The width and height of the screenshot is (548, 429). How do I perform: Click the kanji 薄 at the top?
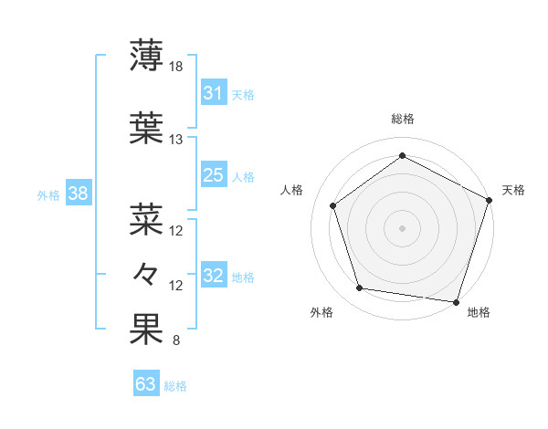tap(146, 57)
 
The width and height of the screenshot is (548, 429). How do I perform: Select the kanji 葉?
tap(146, 128)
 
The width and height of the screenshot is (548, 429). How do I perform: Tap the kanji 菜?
tap(146, 219)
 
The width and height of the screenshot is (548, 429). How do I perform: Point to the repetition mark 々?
tap(146, 275)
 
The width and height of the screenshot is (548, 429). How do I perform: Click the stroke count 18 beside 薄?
tap(176, 67)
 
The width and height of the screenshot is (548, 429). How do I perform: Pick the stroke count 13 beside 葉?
tap(176, 139)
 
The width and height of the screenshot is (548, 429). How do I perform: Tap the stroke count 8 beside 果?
tap(175, 341)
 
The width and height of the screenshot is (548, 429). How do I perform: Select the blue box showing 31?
tap(213, 93)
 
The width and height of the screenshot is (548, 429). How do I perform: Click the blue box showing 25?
tap(213, 175)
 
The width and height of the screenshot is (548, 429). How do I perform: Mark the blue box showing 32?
tap(213, 277)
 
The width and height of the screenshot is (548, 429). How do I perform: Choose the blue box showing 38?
tap(77, 194)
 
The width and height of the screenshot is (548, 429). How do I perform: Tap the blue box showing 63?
tap(145, 384)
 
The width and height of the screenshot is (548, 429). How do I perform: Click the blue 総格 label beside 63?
tap(175, 386)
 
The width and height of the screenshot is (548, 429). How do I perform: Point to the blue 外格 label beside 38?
tap(47, 194)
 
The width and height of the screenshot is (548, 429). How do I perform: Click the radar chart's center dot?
tap(402, 227)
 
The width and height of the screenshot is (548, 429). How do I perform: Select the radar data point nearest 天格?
tap(489, 200)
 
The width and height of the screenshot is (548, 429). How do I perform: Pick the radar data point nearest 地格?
tap(456, 301)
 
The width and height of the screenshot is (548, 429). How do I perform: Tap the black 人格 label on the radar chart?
tap(292, 190)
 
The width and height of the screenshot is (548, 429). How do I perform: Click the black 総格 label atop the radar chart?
tap(402, 120)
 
